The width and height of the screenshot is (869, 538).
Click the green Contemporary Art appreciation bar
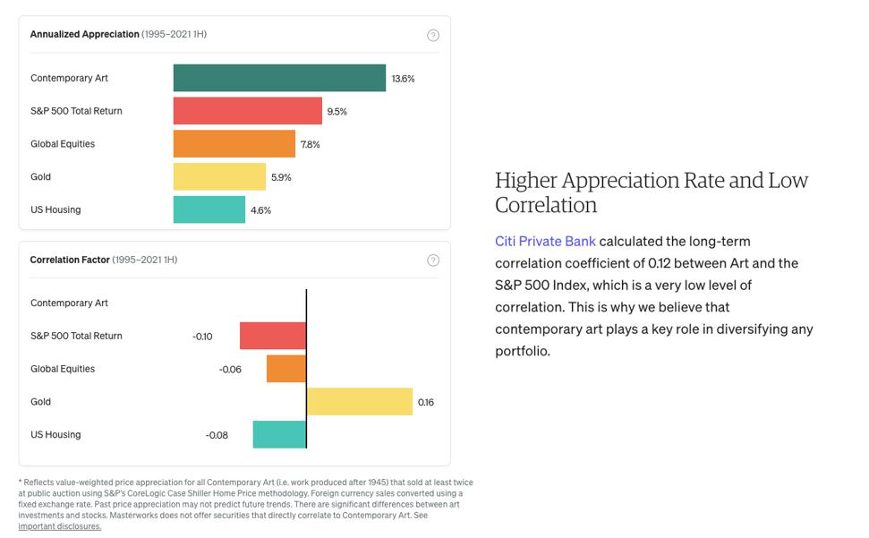pyautogui.click(x=279, y=78)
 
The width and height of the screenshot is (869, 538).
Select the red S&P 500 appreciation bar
pyautogui.click(x=247, y=111)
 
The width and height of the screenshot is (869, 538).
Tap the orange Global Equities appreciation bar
pyautogui.click(x=234, y=144)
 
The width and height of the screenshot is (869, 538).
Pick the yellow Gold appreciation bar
pyautogui.click(x=219, y=176)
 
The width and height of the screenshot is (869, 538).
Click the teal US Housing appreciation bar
pyautogui.click(x=209, y=209)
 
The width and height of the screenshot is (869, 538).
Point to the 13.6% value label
pyautogui.click(x=403, y=79)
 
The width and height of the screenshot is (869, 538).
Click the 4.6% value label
pyautogui.click(x=260, y=210)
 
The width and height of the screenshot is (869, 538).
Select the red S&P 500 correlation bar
pyautogui.click(x=273, y=336)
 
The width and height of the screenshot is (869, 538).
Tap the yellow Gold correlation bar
pyautogui.click(x=360, y=402)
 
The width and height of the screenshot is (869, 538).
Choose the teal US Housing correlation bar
pyautogui.click(x=279, y=435)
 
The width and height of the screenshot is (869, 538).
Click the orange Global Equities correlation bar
pyautogui.click(x=286, y=369)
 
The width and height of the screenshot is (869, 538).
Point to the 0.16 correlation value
pyautogui.click(x=426, y=403)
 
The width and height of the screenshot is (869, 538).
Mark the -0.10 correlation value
pyautogui.click(x=202, y=337)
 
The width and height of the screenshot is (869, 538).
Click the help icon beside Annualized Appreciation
pyautogui.click(x=433, y=35)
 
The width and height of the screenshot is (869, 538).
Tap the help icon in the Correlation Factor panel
pyautogui.click(x=433, y=260)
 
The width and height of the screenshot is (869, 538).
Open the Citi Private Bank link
pyautogui.click(x=545, y=242)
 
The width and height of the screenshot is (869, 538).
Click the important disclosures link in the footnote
pyautogui.click(x=60, y=526)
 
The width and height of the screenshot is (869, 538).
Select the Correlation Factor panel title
pyautogui.click(x=70, y=260)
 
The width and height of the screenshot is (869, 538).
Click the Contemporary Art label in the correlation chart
pyautogui.click(x=69, y=303)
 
